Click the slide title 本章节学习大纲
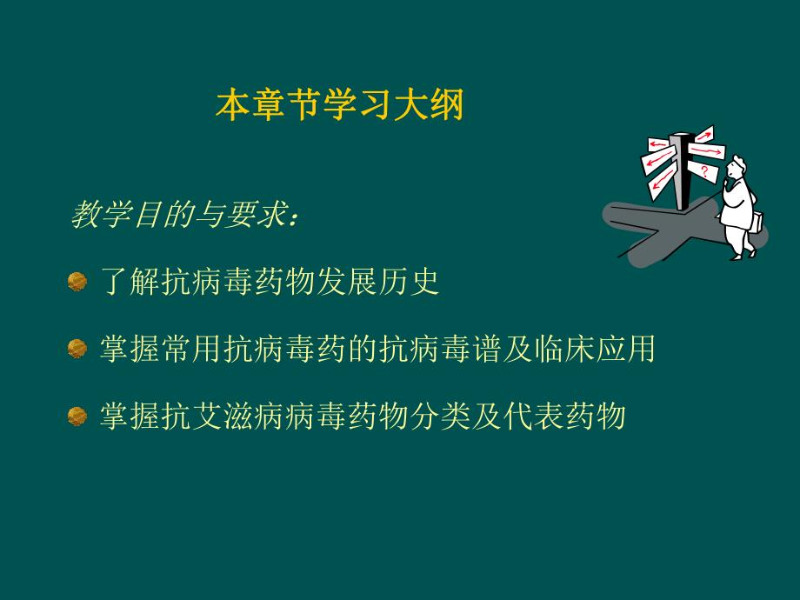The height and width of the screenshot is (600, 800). pos(339,106)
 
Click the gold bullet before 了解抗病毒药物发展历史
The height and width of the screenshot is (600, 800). pos(77,282)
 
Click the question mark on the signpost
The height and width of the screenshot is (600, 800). pos(703,170)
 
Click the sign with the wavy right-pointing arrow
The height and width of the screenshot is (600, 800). pos(708,151)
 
